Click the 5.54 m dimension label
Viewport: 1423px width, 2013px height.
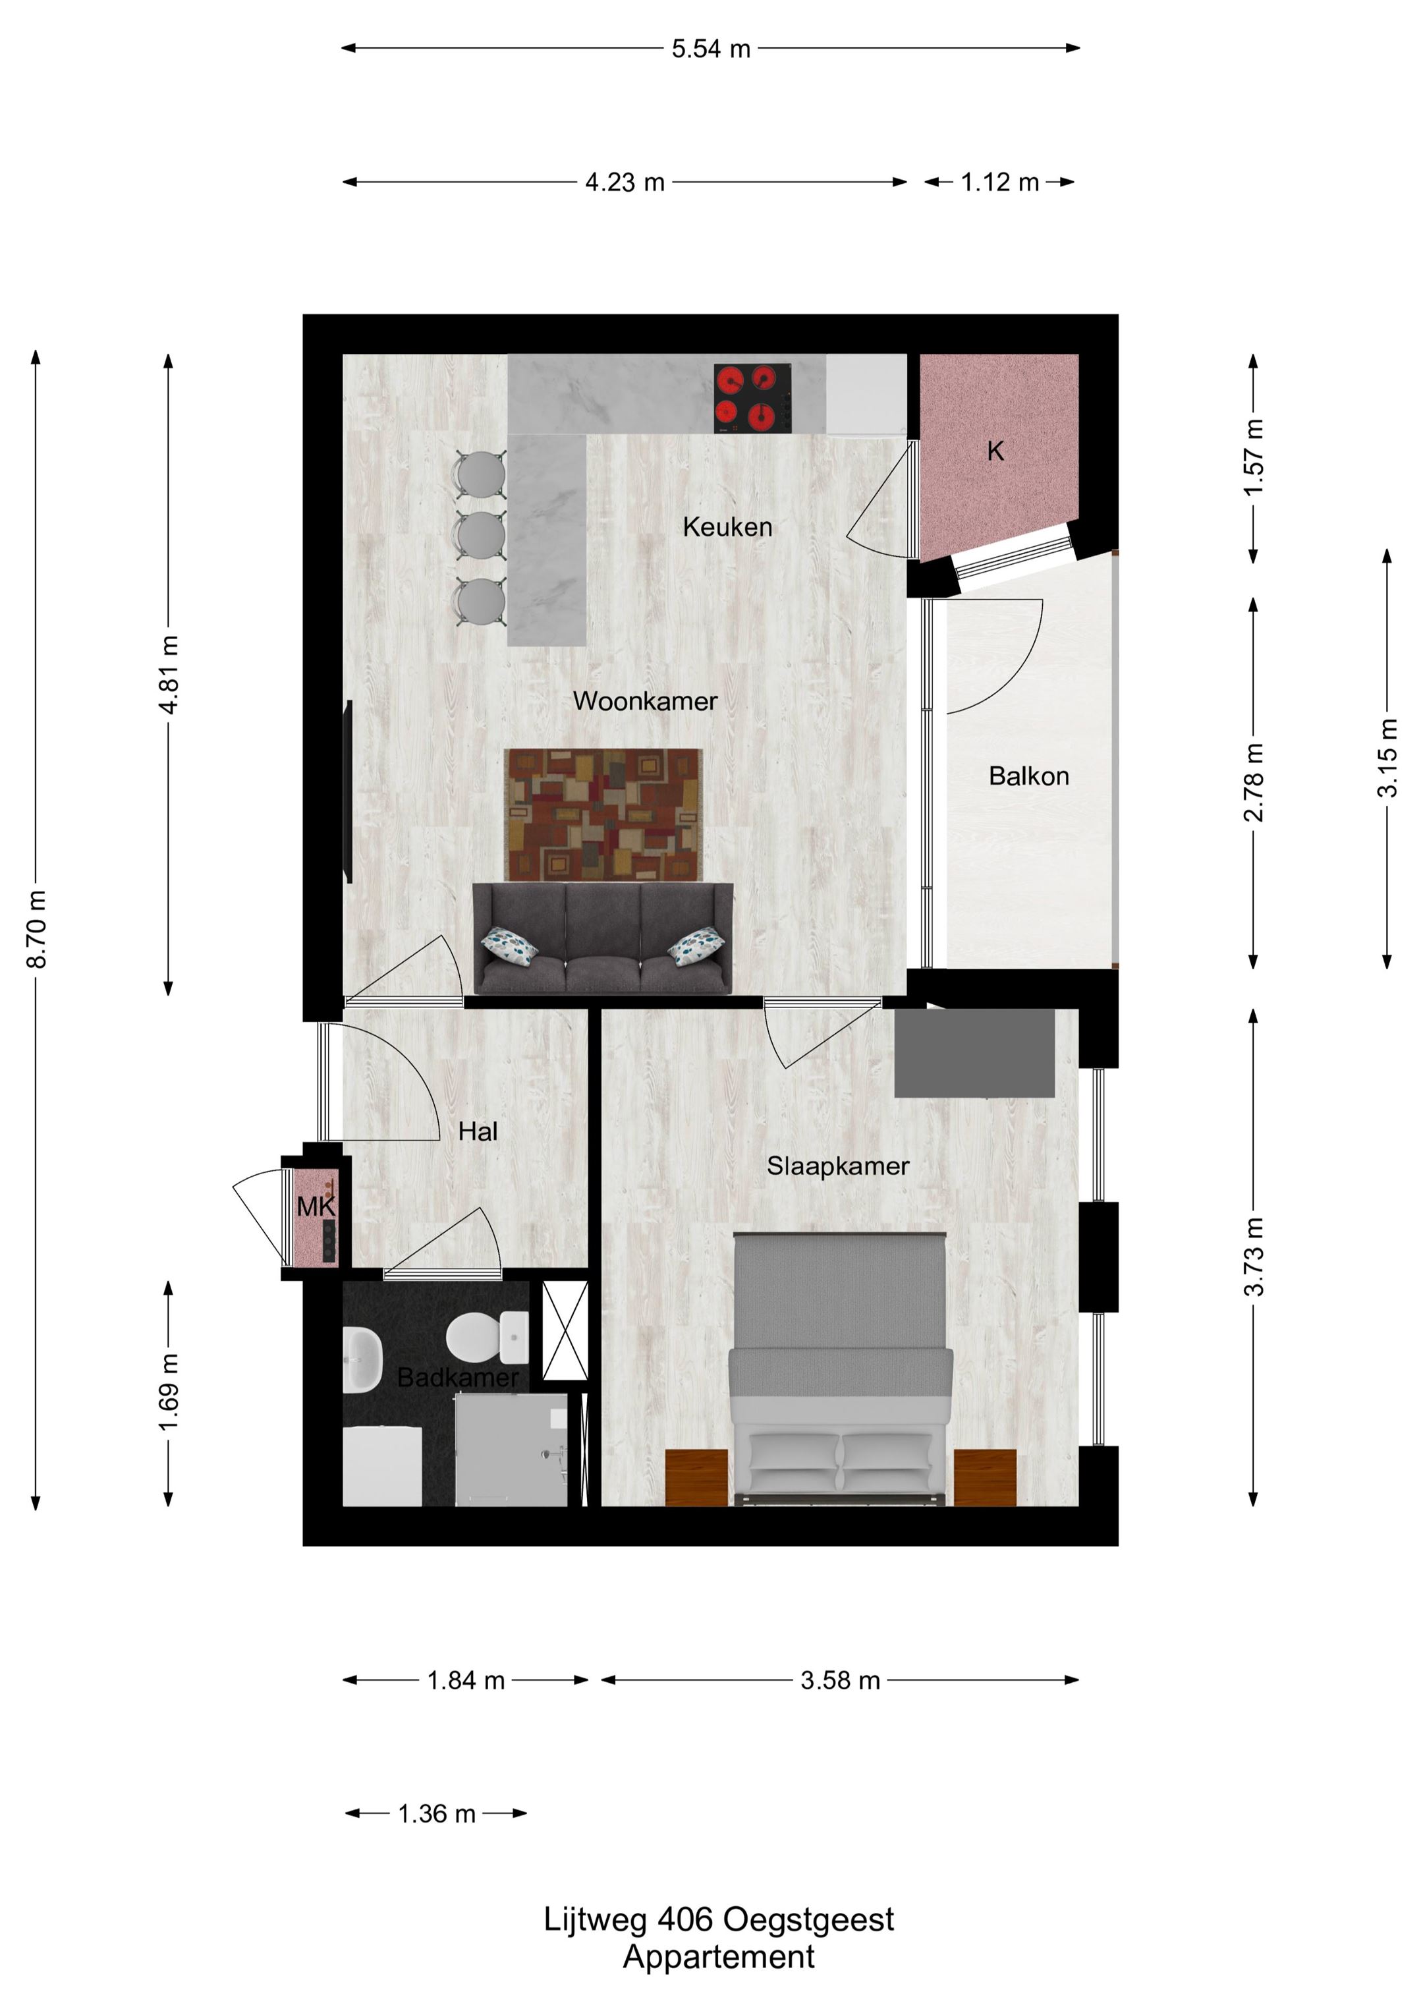click(x=711, y=49)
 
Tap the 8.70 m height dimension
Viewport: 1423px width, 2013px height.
click(x=37, y=929)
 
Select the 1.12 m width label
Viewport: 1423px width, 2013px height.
click(x=999, y=183)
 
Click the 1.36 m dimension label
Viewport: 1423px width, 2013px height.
click(x=437, y=1814)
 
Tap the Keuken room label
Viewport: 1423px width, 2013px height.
click(x=728, y=527)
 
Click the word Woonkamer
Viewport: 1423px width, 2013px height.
click(x=646, y=700)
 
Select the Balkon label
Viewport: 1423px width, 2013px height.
click(x=1028, y=776)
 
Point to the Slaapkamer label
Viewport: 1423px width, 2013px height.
click(x=838, y=1166)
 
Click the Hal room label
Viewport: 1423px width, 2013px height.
click(x=478, y=1132)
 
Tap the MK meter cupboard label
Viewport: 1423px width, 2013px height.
click(x=316, y=1207)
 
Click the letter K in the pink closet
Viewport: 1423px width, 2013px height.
click(x=995, y=451)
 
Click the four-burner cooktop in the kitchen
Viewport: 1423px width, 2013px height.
click(x=753, y=398)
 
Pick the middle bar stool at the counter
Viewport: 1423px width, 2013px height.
click(x=480, y=534)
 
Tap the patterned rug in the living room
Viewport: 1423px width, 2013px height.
click(x=604, y=814)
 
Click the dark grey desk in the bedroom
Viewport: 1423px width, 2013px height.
click(x=974, y=1053)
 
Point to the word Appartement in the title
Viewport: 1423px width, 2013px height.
click(x=719, y=1957)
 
